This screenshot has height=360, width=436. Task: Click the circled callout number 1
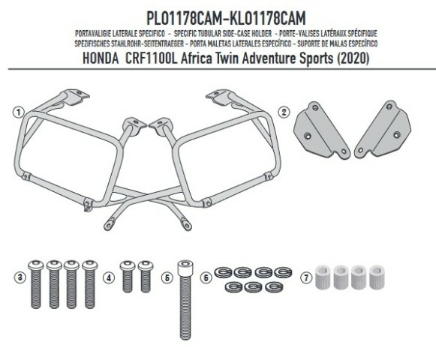click(x=19, y=112)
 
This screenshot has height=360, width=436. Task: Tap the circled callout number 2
click(x=284, y=112)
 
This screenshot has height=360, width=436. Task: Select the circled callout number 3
click(x=20, y=277)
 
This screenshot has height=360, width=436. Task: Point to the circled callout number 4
click(x=109, y=277)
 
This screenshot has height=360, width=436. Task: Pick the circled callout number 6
click(x=206, y=277)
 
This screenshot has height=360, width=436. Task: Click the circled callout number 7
click(x=306, y=277)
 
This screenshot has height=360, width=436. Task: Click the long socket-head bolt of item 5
click(x=185, y=300)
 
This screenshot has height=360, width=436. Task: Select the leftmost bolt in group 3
click(x=36, y=284)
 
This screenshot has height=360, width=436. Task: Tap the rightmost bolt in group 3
click(x=90, y=284)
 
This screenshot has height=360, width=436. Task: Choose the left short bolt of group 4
click(x=128, y=276)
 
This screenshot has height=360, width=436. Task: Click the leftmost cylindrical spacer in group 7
click(x=323, y=277)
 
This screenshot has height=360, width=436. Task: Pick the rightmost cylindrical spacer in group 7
click(x=377, y=277)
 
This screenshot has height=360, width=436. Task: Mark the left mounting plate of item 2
click(x=322, y=130)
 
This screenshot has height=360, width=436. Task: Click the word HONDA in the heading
click(x=101, y=58)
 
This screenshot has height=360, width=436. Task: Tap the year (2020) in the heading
click(x=353, y=58)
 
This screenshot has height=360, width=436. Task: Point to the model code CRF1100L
click(x=151, y=58)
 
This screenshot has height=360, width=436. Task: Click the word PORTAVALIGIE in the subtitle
click(x=93, y=34)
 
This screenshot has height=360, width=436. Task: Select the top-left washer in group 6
click(x=224, y=272)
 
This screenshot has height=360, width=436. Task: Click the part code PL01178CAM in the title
click(x=184, y=18)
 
